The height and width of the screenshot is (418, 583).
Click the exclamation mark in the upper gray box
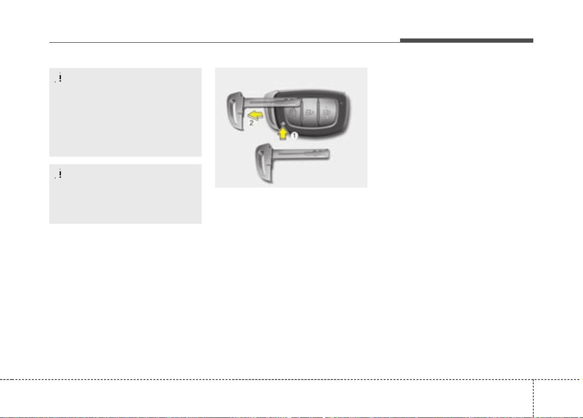(x=60, y=78)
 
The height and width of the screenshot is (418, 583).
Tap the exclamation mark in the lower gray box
(x=60, y=174)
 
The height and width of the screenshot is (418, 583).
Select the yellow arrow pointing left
(x=255, y=115)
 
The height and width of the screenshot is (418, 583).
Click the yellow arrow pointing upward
(x=283, y=134)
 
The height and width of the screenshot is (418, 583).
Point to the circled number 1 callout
(x=294, y=136)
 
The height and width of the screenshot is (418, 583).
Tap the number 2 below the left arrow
(x=251, y=123)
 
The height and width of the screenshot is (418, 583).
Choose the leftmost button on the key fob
(x=293, y=112)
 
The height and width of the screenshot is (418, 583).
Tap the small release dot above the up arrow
(x=283, y=123)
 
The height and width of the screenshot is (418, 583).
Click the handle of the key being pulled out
(x=235, y=111)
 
